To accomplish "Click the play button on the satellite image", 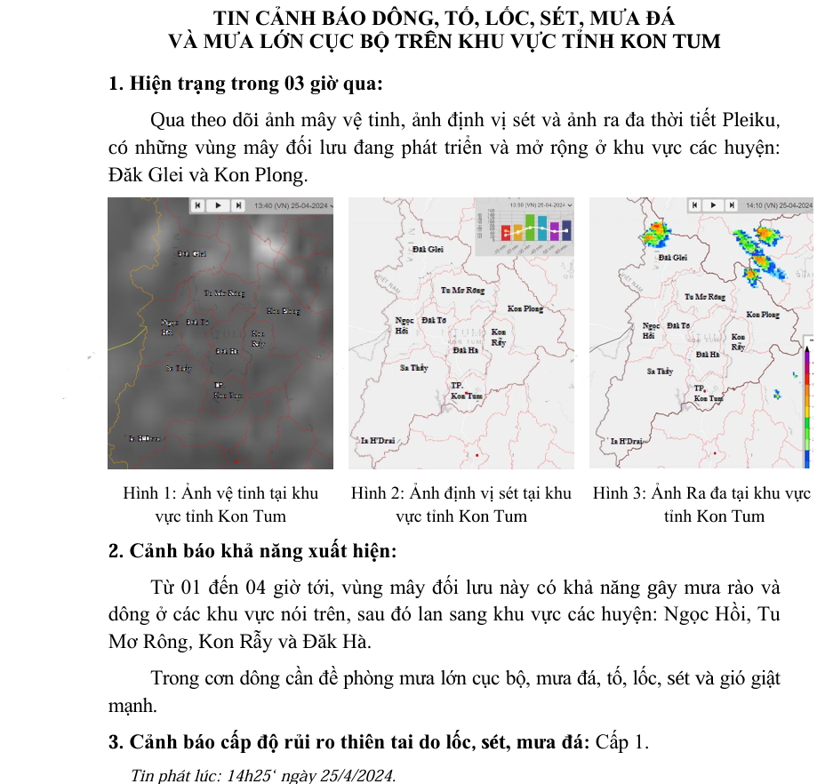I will tap(218, 204).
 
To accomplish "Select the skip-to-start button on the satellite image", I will tap(198, 204).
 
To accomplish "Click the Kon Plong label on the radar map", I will tap(763, 315).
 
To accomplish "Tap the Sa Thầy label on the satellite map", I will tap(178, 367).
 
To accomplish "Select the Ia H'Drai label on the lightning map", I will tap(377, 440).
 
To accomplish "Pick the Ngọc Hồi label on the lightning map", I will tap(404, 324).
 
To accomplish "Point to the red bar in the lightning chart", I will tap(506, 233).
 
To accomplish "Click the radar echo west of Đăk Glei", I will tap(655, 234).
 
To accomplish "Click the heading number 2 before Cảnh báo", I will tap(115, 551).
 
